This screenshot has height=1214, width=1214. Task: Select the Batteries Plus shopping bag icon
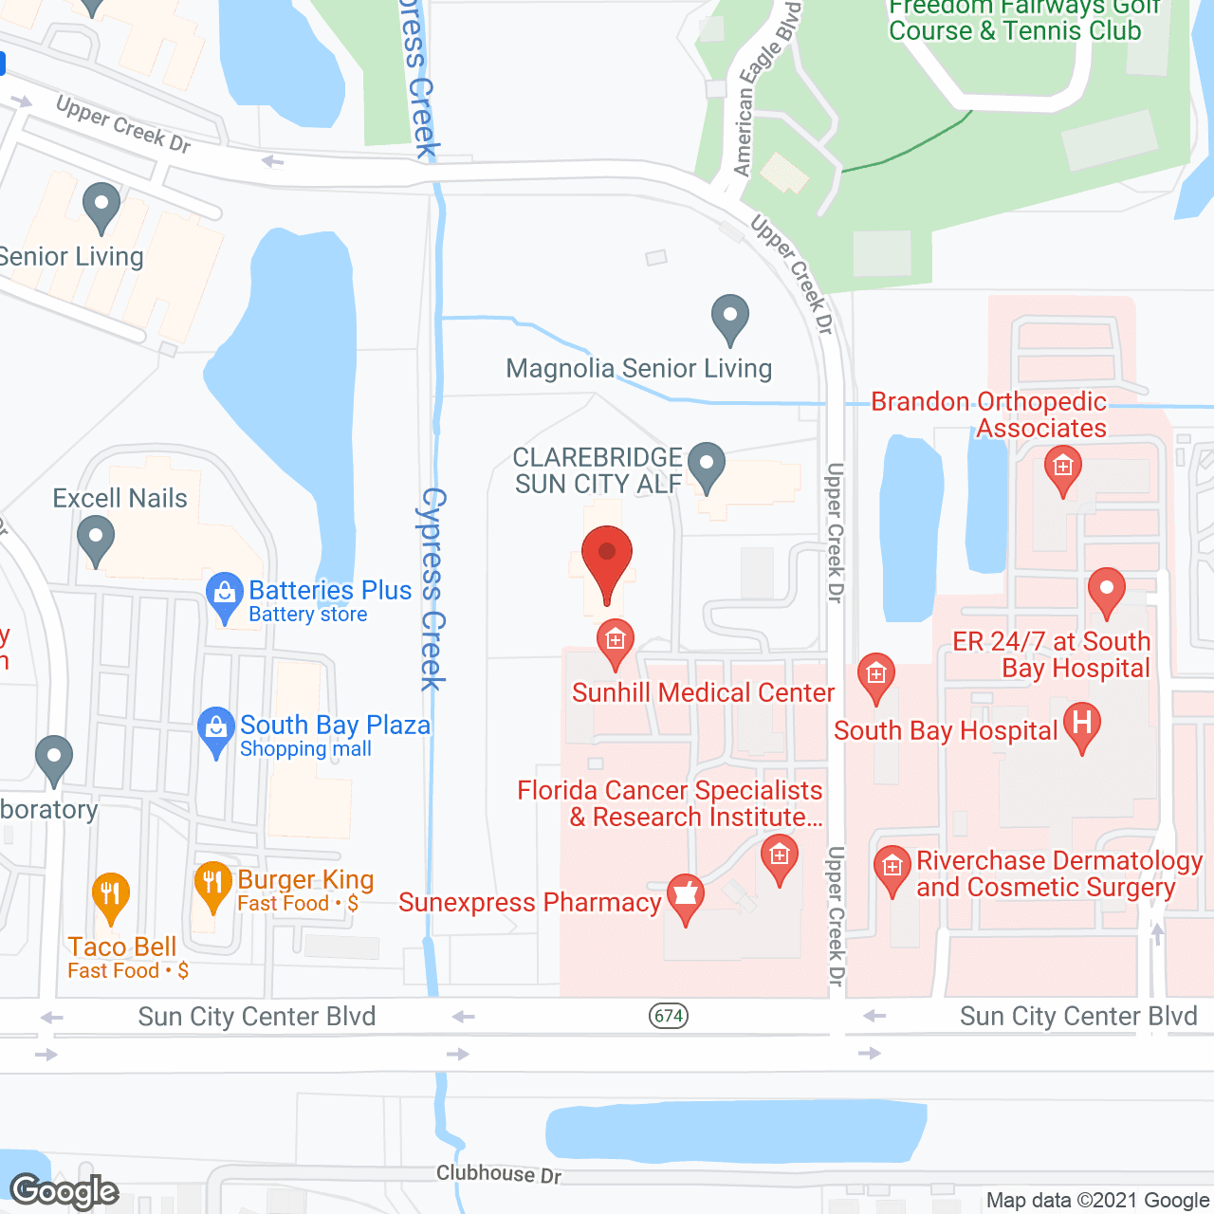coord(224,596)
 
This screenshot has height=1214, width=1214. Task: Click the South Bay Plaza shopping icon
coord(215,730)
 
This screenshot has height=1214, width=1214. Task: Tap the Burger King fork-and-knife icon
coord(212,886)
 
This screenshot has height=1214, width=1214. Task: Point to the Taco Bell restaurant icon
coord(111,895)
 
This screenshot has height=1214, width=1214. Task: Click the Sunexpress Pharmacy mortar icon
coord(685,896)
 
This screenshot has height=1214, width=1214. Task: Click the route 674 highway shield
coord(669,1016)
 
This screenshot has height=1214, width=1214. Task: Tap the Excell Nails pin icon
coord(95,539)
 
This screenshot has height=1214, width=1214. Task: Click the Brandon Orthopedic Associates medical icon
coord(1062,469)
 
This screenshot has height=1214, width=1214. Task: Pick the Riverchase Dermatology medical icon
coord(892,869)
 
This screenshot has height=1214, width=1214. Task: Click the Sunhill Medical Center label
coord(703,693)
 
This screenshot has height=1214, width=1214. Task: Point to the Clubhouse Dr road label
coord(499,1174)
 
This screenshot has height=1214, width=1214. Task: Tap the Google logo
coord(64,1191)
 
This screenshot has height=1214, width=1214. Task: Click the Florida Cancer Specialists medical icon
coord(779,857)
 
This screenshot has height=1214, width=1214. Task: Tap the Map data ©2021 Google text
coord(1097,1201)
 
